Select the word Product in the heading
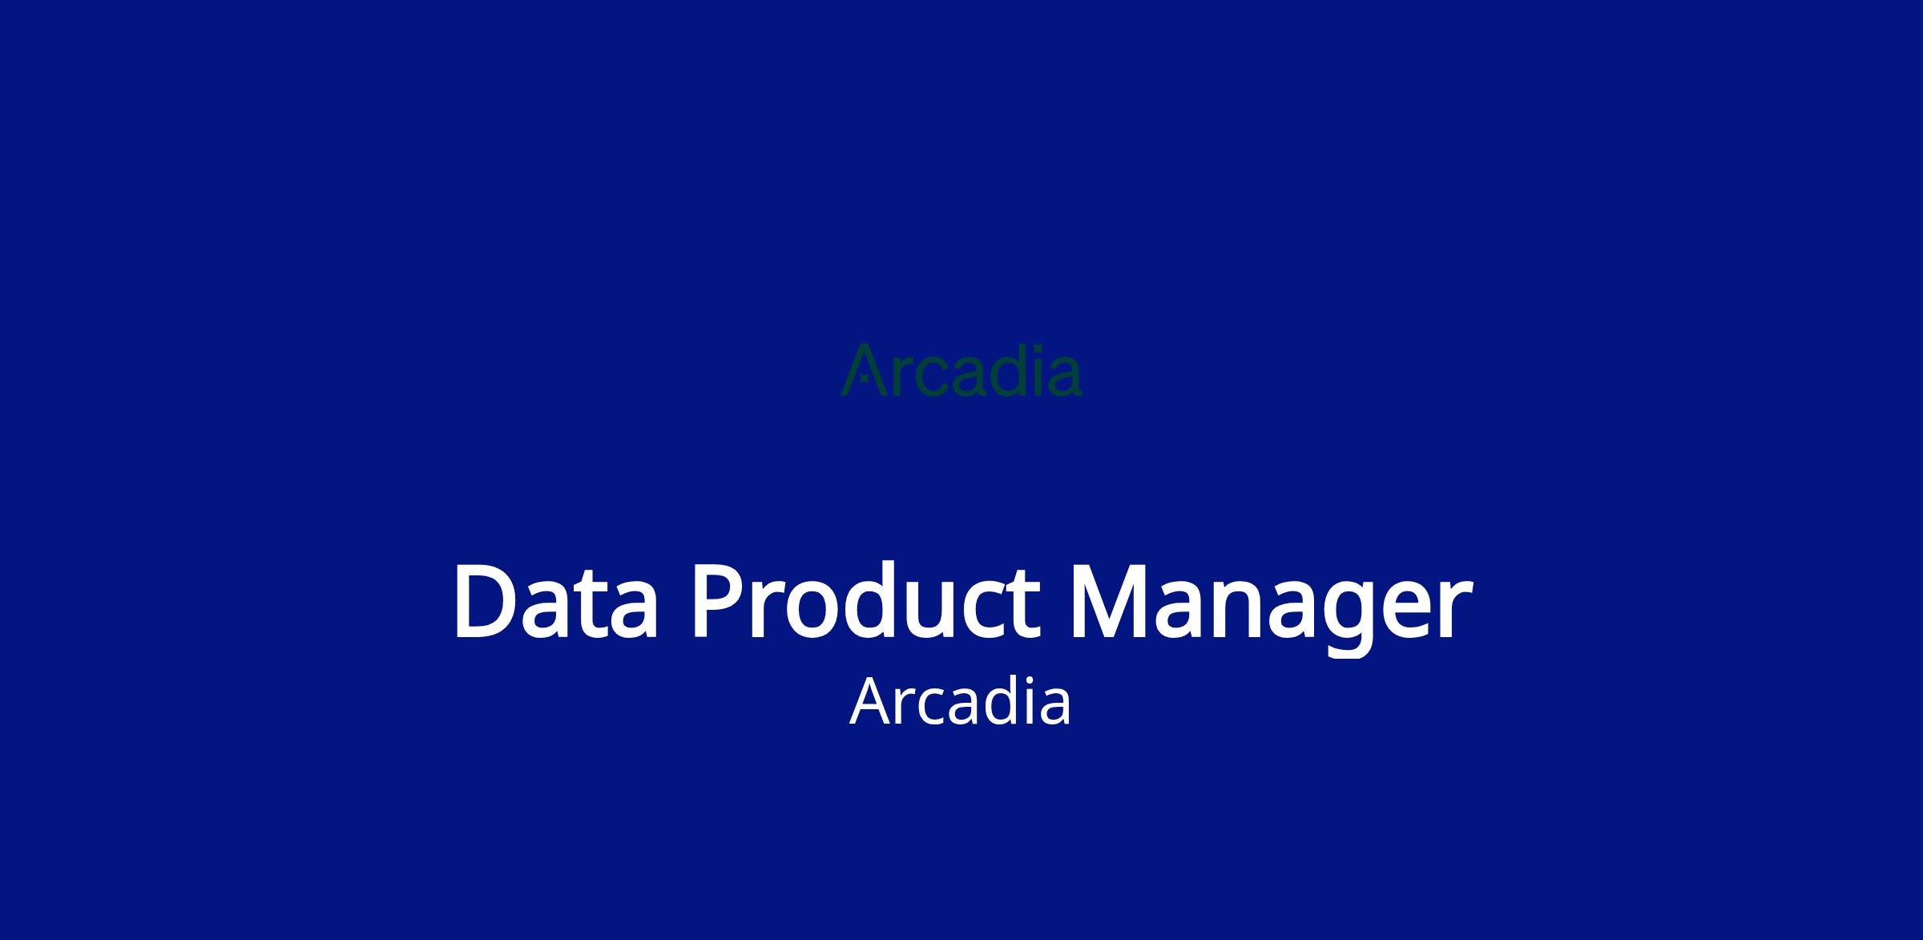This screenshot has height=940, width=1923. (865, 602)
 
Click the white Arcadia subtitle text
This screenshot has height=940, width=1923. (960, 702)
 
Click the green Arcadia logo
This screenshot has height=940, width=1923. (961, 370)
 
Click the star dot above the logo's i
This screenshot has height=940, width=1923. (1038, 348)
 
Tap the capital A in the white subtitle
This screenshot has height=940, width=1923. (873, 702)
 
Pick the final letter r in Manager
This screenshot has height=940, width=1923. (1453, 611)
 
